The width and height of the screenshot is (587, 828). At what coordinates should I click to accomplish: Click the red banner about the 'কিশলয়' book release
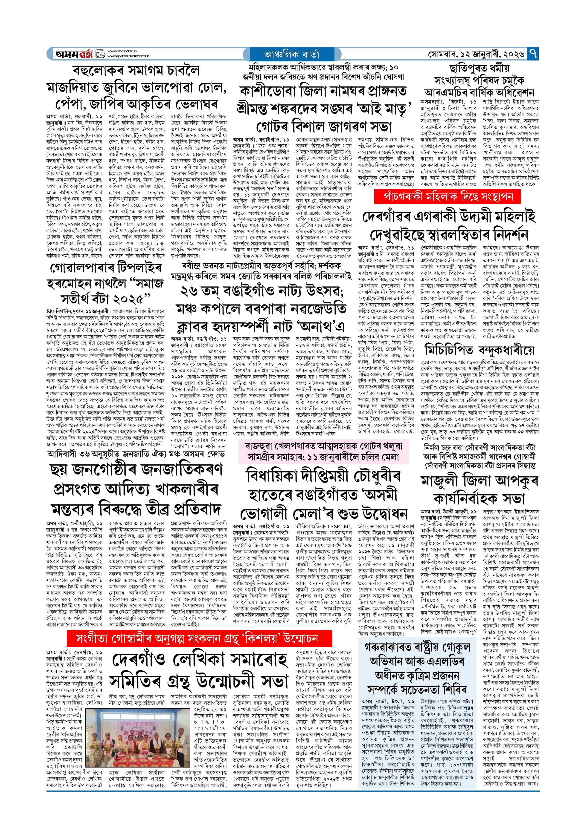click(x=199, y=639)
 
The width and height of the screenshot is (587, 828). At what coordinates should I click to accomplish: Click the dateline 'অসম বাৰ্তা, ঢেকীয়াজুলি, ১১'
click(x=74, y=523)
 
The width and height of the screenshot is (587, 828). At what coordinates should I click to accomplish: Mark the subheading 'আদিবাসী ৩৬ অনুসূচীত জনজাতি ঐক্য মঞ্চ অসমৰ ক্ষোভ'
click(x=136, y=454)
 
